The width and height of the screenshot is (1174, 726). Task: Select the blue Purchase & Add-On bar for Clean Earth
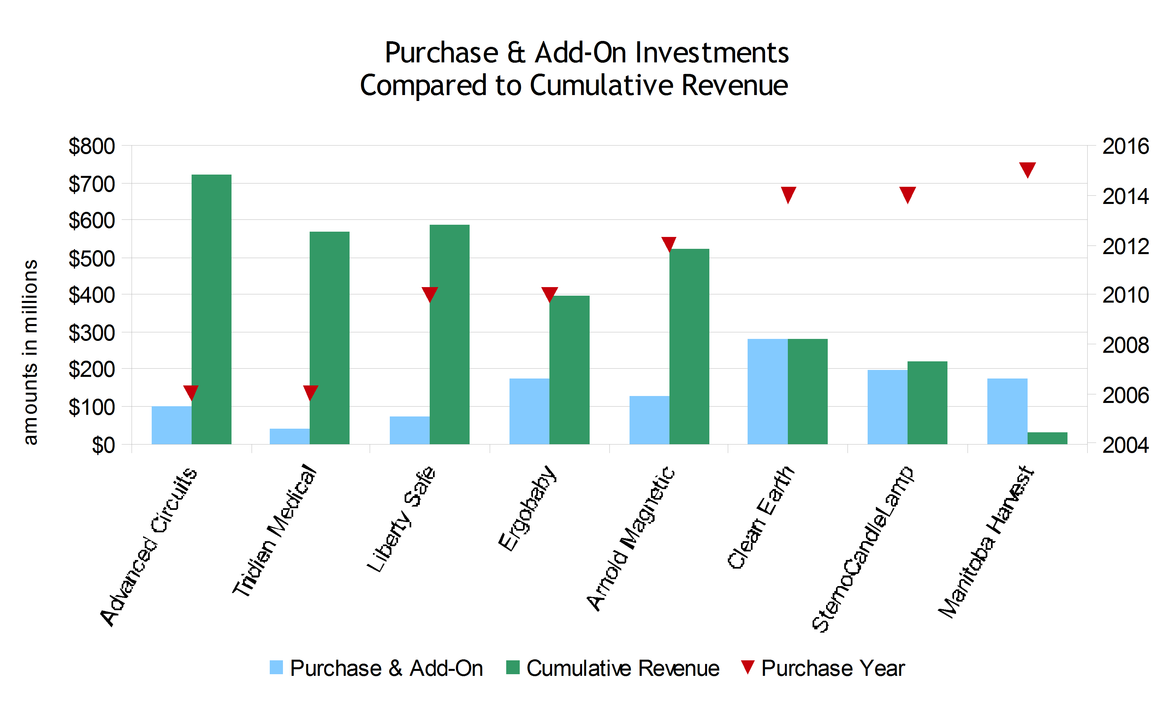coord(767,391)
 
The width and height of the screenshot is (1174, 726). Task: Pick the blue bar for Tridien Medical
coord(289,436)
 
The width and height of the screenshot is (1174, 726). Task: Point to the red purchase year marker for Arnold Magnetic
coord(668,244)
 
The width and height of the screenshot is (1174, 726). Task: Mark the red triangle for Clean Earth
coord(788,194)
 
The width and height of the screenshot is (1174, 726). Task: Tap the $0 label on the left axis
coord(103,445)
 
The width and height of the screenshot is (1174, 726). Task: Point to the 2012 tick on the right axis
coord(1125,247)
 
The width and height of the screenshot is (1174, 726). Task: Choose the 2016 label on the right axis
coord(1125,147)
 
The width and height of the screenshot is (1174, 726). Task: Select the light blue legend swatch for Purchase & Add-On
coord(276,667)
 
